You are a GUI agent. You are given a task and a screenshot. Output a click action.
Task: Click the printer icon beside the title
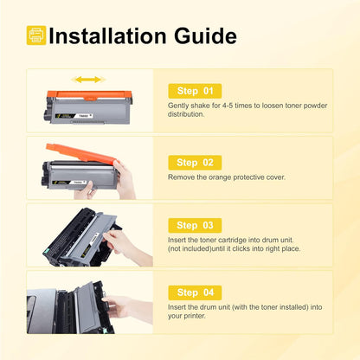click(x=35, y=35)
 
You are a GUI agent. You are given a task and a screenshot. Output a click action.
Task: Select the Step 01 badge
click(x=194, y=90)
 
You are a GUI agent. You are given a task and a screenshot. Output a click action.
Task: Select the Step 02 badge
click(x=194, y=162)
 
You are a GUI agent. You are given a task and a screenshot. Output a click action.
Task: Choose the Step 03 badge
click(x=194, y=225)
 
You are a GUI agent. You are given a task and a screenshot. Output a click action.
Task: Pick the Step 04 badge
click(x=194, y=291)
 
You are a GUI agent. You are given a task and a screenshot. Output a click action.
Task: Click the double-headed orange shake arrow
click(x=88, y=80)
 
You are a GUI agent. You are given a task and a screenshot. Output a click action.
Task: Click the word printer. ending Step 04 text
click(x=194, y=317)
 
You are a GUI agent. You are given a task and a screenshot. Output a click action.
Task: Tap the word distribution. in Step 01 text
click(x=187, y=113)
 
